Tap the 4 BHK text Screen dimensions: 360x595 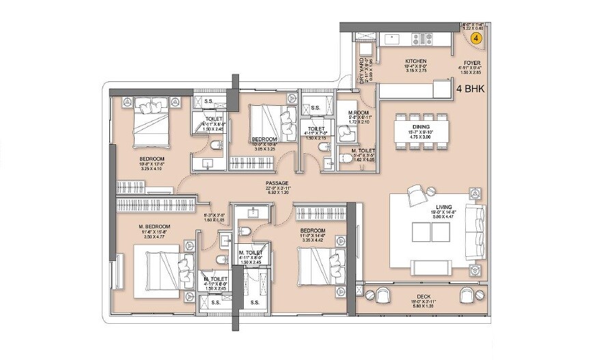coord(470,88)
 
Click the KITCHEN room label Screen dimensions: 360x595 coord(415,61)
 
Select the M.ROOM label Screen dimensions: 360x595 coord(359,113)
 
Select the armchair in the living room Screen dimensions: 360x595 coord(417,195)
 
